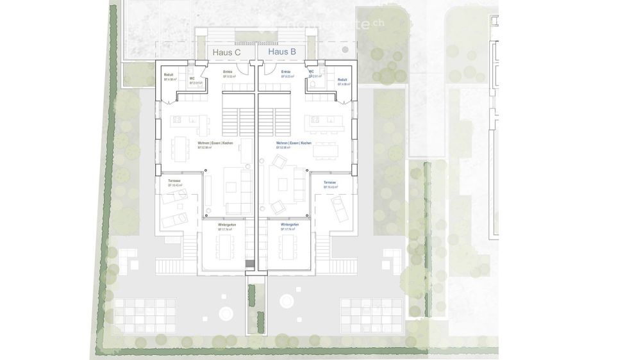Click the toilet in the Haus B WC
pyautogui.click(x=312, y=83)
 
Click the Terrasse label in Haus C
pyautogui.click(x=174, y=182)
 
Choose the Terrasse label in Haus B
pyautogui.click(x=329, y=183)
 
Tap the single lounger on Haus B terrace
pyautogui.click(x=337, y=207)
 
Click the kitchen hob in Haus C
pyautogui.click(x=177, y=119)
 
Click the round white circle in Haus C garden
pyautogui.click(x=226, y=314)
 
